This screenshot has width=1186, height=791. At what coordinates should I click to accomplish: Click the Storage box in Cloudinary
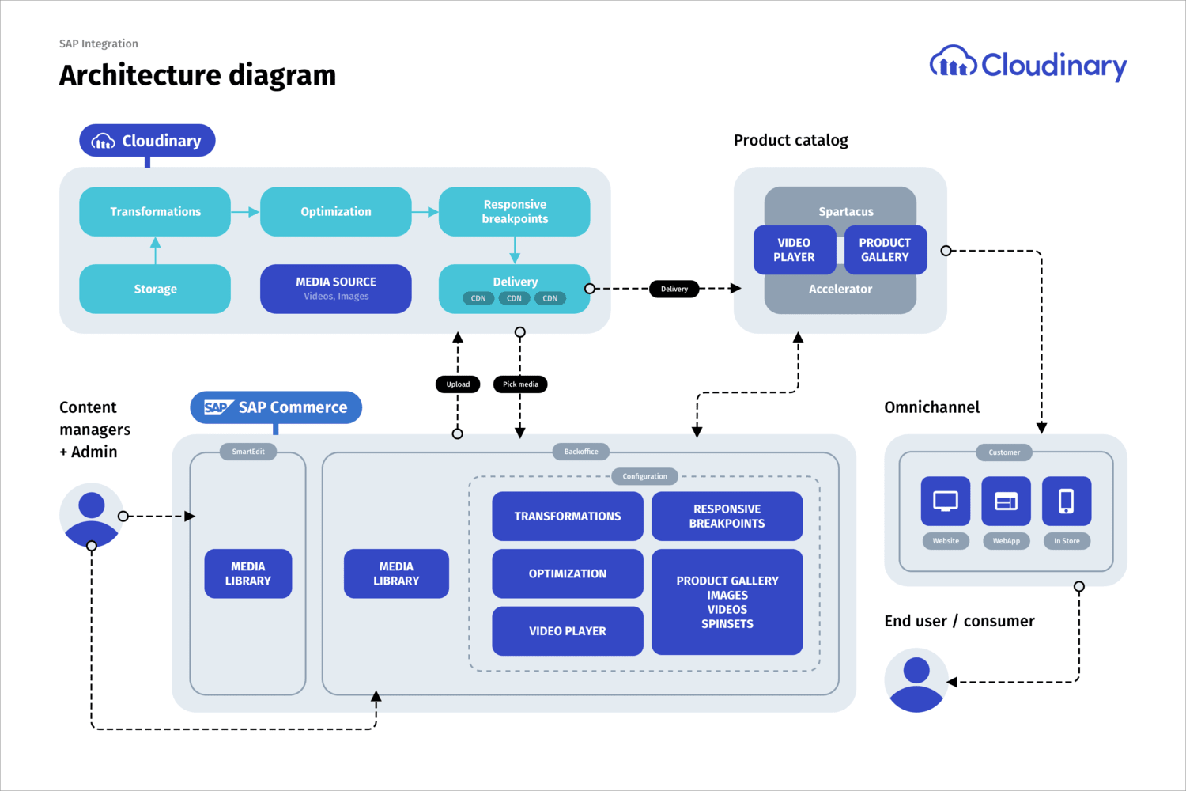click(x=155, y=289)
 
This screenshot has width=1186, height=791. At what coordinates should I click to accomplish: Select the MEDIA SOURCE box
click(x=336, y=289)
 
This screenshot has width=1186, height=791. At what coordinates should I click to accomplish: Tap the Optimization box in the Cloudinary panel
click(x=336, y=211)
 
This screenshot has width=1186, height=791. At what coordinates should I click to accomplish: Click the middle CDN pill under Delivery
click(x=514, y=298)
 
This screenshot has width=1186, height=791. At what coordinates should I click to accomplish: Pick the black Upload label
click(x=458, y=384)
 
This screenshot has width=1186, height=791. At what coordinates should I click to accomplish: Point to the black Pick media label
click(x=520, y=384)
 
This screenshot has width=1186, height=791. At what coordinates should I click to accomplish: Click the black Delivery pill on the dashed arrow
click(x=674, y=289)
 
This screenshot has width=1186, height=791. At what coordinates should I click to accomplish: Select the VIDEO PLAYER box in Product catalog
click(x=794, y=249)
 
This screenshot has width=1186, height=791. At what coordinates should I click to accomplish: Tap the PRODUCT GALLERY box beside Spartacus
click(x=886, y=249)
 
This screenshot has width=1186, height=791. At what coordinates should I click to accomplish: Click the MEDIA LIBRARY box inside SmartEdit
click(x=247, y=573)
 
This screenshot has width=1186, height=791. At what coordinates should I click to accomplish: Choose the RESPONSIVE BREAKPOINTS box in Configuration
click(x=727, y=516)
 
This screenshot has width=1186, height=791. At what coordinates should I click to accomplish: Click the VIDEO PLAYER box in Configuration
click(x=568, y=631)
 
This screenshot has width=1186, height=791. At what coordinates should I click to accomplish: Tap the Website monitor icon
click(x=946, y=501)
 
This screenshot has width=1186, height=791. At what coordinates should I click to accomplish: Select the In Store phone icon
click(x=1067, y=501)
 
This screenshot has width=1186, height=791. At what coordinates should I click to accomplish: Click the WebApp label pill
click(x=1006, y=541)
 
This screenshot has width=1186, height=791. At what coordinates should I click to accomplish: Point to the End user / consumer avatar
click(x=916, y=680)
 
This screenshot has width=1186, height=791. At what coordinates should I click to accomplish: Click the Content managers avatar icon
click(x=91, y=515)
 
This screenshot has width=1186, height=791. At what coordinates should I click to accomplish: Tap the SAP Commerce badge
click(x=276, y=407)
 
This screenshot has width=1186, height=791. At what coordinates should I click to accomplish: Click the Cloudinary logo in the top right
click(x=1028, y=65)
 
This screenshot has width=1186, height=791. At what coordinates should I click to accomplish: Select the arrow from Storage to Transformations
click(x=155, y=251)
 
